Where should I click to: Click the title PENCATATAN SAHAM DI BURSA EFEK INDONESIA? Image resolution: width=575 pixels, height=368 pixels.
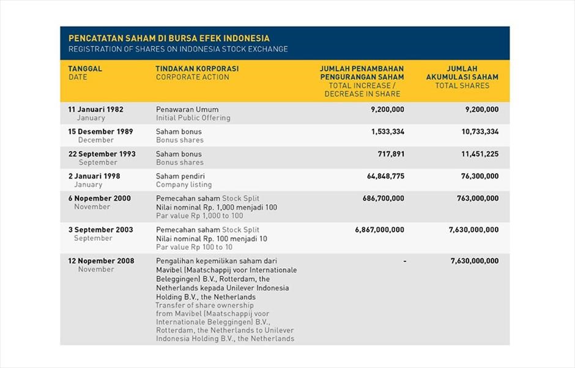pos(169,38)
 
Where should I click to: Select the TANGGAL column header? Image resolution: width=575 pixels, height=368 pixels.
pos(85,68)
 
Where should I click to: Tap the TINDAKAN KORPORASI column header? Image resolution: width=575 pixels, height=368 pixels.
pos(197,68)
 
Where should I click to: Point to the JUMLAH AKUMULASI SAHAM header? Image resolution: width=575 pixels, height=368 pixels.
pos(462,73)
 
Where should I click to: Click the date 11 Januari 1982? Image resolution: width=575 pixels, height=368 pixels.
pos(95,109)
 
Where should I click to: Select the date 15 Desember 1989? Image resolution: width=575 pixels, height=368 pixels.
pos(100,131)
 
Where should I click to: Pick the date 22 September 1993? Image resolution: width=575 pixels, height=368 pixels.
pos(102,154)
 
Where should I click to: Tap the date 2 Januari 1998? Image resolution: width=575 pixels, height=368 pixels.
pos(94,176)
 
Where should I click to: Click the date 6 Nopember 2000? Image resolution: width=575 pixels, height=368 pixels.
pos(99,198)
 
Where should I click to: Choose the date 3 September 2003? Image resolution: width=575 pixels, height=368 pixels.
pos(100,230)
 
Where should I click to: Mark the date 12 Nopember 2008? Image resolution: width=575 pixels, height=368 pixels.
pos(101,261)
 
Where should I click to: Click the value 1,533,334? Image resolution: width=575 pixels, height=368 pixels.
pos(387,131)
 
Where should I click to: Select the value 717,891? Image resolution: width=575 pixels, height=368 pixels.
pos(391,154)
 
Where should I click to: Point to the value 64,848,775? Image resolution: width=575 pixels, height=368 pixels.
pos(385,176)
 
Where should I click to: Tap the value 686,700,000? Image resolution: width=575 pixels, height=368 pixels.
pos(383,198)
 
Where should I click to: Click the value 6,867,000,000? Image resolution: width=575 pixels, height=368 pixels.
pos(379,230)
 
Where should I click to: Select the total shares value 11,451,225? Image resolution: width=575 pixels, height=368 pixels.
pos(480,154)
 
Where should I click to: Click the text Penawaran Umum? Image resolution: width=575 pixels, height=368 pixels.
pos(187,109)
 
